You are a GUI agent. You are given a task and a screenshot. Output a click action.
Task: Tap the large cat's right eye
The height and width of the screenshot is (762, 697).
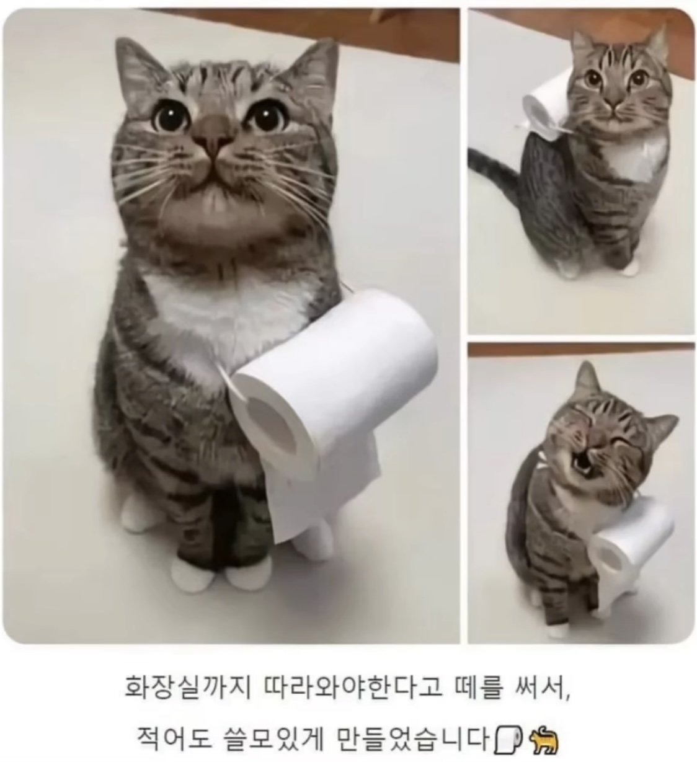pos(265,115)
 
